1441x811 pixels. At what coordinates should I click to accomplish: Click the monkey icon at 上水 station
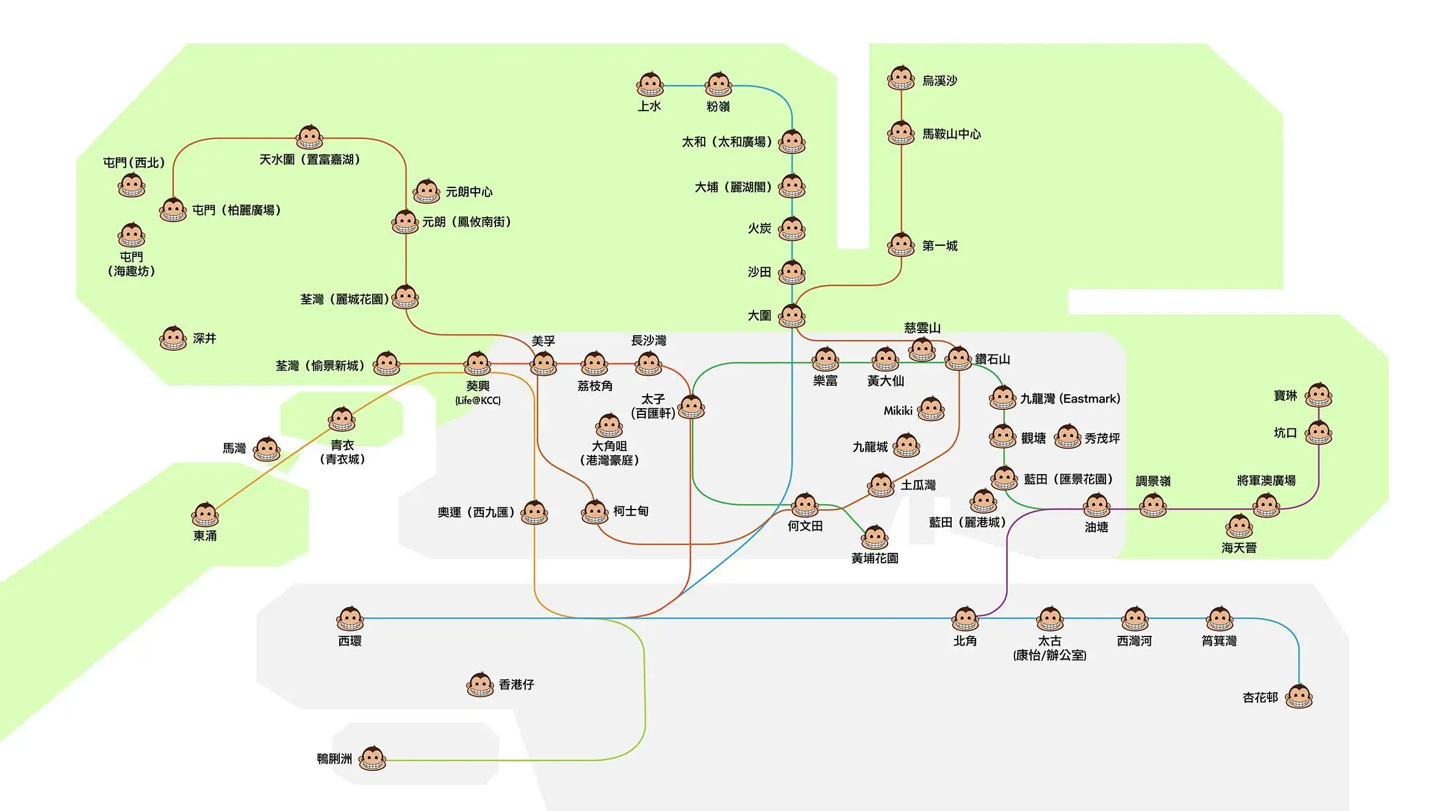(650, 85)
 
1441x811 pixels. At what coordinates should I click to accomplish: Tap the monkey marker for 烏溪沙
(901, 78)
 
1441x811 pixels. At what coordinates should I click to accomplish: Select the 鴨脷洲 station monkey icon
(372, 759)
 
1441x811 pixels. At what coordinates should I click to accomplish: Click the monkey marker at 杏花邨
(1299, 696)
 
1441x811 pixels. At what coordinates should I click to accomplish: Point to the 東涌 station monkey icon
(205, 515)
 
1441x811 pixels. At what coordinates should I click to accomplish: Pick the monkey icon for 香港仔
(480, 685)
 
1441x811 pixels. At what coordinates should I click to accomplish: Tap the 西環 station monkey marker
(350, 619)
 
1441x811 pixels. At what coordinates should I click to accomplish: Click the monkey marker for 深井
(173, 338)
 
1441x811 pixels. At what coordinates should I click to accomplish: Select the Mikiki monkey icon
(931, 409)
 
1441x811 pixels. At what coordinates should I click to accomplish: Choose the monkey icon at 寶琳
(1318, 395)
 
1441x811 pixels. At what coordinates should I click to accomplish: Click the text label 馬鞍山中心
(951, 134)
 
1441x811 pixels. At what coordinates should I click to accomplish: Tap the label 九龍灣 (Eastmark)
(1070, 399)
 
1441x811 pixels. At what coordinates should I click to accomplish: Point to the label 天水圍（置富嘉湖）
(309, 160)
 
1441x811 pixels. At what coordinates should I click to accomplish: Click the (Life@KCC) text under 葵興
(478, 401)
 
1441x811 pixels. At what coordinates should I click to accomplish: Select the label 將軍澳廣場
(1266, 481)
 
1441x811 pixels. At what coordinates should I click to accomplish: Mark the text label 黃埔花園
(874, 558)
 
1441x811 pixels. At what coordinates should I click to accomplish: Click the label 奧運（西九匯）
(475, 513)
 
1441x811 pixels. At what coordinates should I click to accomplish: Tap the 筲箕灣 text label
(1219, 641)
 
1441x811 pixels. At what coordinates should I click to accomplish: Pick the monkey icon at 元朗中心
(426, 192)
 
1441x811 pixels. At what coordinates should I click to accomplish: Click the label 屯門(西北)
(134, 163)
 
